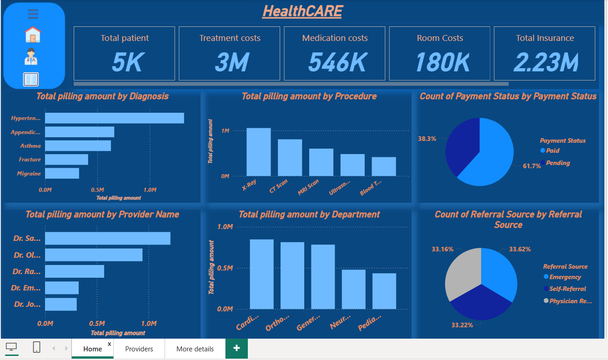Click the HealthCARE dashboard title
pyautogui.click(x=302, y=11)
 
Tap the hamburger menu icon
pyautogui.click(x=33, y=15)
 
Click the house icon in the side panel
pyautogui.click(x=33, y=35)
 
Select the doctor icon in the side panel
pyautogui.click(x=31, y=56)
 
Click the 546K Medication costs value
pyautogui.click(x=337, y=62)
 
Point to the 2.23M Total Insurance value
pyautogui.click(x=546, y=62)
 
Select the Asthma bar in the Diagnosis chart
pyautogui.click(x=78, y=145)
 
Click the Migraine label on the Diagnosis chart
pyautogui.click(x=29, y=173)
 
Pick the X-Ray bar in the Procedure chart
pyautogui.click(x=258, y=152)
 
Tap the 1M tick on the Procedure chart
pyautogui.click(x=225, y=131)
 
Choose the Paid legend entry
pyautogui.click(x=553, y=150)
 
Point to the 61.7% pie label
pyautogui.click(x=532, y=166)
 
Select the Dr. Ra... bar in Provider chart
pyautogui.click(x=74, y=271)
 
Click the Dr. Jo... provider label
pyautogui.click(x=27, y=304)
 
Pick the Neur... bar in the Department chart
pyautogui.click(x=353, y=289)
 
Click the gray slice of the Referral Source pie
pyautogui.click(x=460, y=273)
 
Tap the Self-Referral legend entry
pyautogui.click(x=567, y=289)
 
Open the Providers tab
pyautogui.click(x=139, y=349)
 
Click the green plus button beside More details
pyautogui.click(x=236, y=349)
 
